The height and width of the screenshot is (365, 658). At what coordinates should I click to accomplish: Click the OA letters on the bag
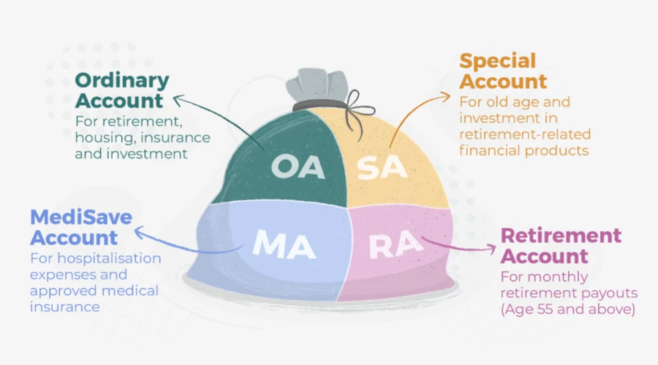(298, 167)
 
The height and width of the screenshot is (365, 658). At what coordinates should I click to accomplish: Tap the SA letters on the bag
(382, 168)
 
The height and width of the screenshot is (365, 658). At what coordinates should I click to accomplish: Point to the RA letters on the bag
(395, 244)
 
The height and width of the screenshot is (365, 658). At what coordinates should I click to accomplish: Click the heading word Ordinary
(122, 81)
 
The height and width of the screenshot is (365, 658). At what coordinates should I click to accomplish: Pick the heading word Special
(498, 61)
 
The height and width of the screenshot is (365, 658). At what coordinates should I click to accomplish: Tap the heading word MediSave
(81, 217)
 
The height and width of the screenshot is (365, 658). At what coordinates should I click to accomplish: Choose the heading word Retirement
(561, 236)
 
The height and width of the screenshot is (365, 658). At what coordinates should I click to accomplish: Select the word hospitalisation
(109, 258)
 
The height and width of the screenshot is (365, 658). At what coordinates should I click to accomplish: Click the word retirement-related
(525, 135)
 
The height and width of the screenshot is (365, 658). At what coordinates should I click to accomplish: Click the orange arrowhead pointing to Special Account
(445, 97)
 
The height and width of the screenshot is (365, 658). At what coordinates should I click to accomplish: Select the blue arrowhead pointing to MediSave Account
(139, 231)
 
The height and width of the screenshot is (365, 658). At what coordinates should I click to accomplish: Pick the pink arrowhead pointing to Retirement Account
(491, 248)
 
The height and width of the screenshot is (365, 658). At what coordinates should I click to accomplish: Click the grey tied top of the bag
(317, 85)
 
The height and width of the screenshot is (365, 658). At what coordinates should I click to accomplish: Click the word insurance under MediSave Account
(65, 307)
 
